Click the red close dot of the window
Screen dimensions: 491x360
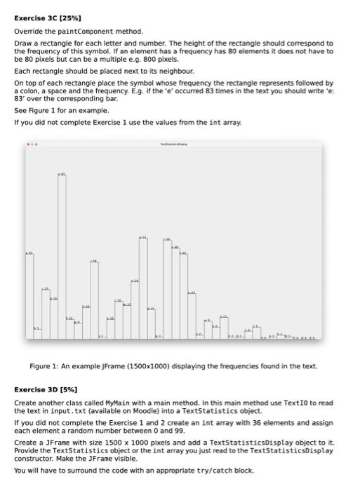point(28,144)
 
